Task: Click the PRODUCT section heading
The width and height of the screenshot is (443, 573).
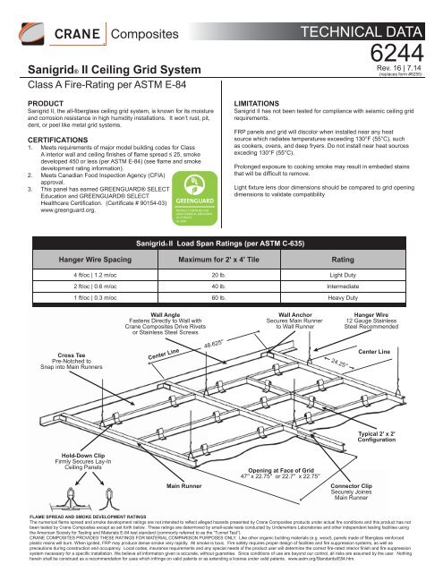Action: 24,103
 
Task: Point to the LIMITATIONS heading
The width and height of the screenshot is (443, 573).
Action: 261,103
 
